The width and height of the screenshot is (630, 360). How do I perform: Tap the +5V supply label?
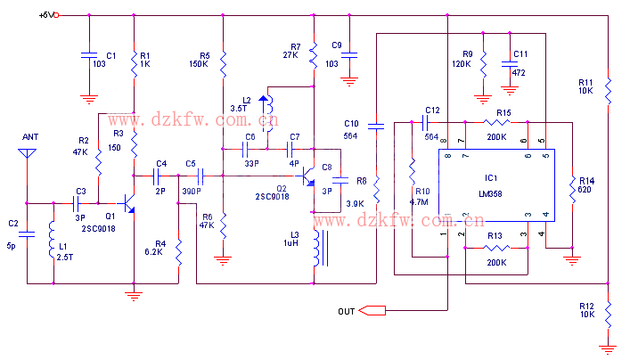click(47, 15)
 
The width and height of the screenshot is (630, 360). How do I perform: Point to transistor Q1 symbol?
click(128, 205)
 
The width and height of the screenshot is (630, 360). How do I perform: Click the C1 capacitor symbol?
click(88, 55)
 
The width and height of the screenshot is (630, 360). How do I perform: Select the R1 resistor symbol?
click(134, 61)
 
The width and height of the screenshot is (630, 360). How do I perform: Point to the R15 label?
click(503, 112)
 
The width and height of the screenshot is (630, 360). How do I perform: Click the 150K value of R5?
click(199, 64)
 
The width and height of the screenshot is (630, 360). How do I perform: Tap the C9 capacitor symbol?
click(349, 55)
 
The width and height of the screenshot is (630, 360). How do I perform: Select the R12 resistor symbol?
click(607, 313)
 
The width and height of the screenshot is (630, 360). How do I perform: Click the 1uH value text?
click(290, 243)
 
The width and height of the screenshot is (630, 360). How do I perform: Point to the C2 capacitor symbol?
click(27, 234)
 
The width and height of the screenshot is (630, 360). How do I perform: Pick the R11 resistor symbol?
click(607, 88)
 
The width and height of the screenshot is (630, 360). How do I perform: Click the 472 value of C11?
click(519, 73)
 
